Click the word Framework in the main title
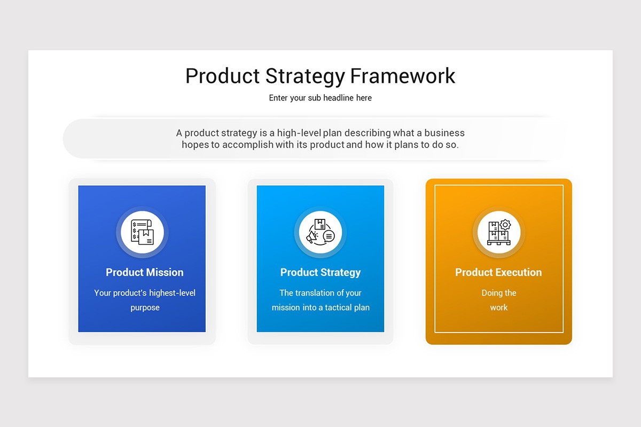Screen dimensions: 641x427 point(402,76)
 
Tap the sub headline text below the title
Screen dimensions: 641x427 point(320,98)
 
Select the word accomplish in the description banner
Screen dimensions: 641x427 point(248,145)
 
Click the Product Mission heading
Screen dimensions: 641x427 point(145,272)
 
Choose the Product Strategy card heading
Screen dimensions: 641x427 point(320,273)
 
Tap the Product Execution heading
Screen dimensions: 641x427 point(498,272)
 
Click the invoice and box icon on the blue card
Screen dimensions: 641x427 point(142,232)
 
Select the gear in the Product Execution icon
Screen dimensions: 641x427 point(505,225)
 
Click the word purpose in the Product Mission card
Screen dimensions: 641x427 point(145,308)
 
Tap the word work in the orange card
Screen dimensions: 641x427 point(499,307)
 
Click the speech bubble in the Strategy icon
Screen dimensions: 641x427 point(329,236)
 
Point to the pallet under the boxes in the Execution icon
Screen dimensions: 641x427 point(499,243)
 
